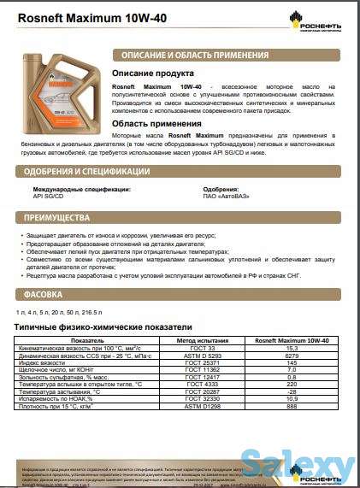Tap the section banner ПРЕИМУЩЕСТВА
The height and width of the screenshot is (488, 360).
[x=59, y=217]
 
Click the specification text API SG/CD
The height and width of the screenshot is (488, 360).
[x=48, y=196]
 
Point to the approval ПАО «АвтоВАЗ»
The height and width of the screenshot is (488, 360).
[x=227, y=196]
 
